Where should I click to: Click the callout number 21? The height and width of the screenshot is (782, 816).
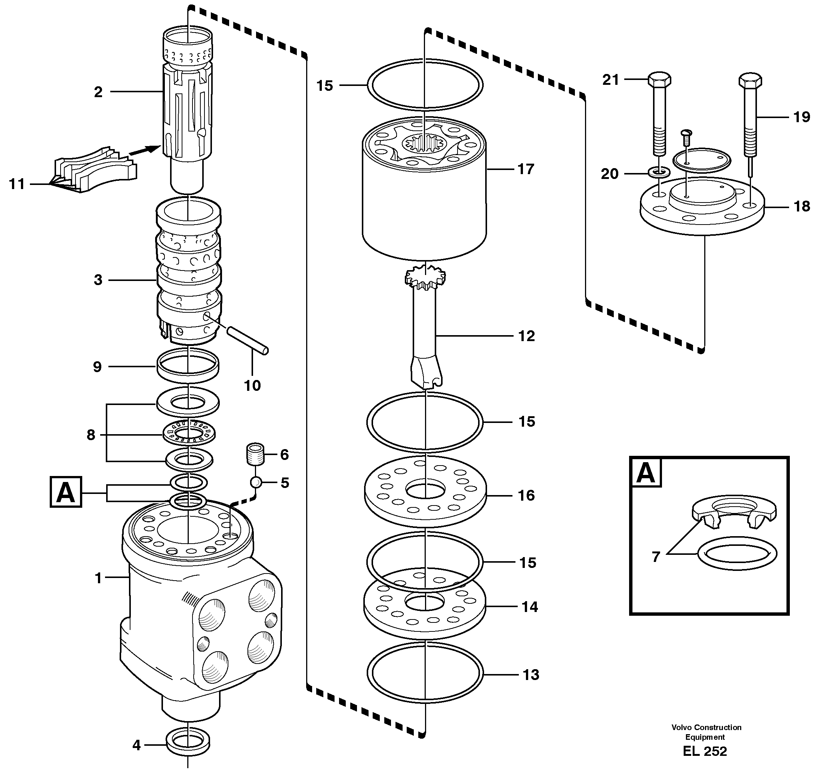610,80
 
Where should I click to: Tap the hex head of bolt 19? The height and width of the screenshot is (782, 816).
750,80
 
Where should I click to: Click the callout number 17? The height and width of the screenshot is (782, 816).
526,169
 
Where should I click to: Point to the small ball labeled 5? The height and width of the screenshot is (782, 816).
256,482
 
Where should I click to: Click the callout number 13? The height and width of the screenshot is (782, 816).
530,675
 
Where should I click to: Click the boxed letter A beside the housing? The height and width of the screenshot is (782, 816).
66,492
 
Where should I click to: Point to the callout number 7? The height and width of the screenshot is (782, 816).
656,556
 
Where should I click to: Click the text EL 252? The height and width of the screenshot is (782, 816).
705,751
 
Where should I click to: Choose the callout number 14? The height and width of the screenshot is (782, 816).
530,607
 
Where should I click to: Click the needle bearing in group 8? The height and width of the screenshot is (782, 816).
189,435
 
